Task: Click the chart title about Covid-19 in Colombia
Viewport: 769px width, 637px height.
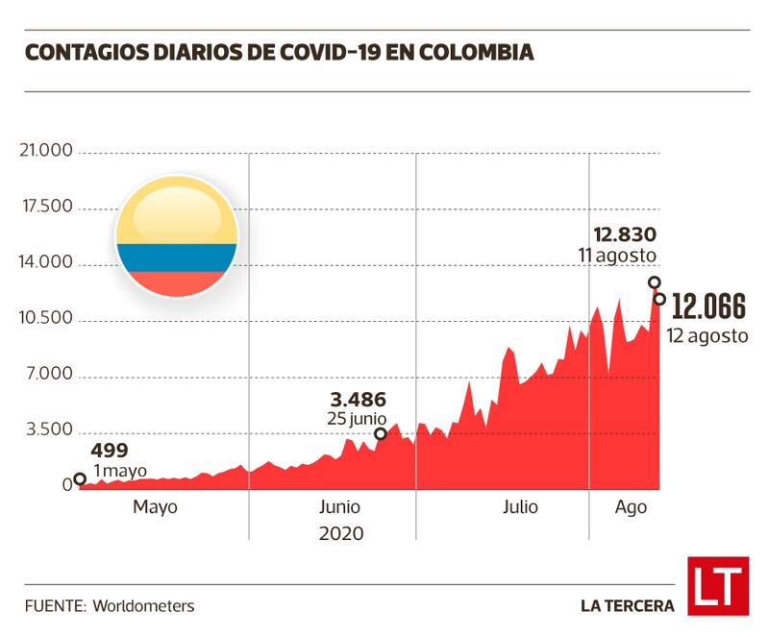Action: pyautogui.click(x=279, y=52)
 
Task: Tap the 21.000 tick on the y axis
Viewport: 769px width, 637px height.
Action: pyautogui.click(x=47, y=152)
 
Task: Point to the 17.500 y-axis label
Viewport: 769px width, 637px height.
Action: pyautogui.click(x=47, y=208)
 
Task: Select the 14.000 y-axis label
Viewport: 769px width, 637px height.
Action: pyautogui.click(x=47, y=263)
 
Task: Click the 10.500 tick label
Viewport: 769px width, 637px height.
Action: pyautogui.click(x=47, y=319)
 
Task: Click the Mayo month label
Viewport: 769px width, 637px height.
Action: pyautogui.click(x=155, y=507)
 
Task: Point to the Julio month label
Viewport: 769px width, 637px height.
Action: pyautogui.click(x=520, y=507)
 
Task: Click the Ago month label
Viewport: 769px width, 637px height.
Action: pyautogui.click(x=632, y=507)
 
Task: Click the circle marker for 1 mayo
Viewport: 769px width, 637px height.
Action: pyautogui.click(x=80, y=479)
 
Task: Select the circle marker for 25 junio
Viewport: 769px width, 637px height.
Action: pyautogui.click(x=381, y=433)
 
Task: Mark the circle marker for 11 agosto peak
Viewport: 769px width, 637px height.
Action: pyautogui.click(x=655, y=282)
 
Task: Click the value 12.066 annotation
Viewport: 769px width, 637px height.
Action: pyautogui.click(x=708, y=307)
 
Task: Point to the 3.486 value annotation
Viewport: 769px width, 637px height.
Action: pyautogui.click(x=358, y=399)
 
